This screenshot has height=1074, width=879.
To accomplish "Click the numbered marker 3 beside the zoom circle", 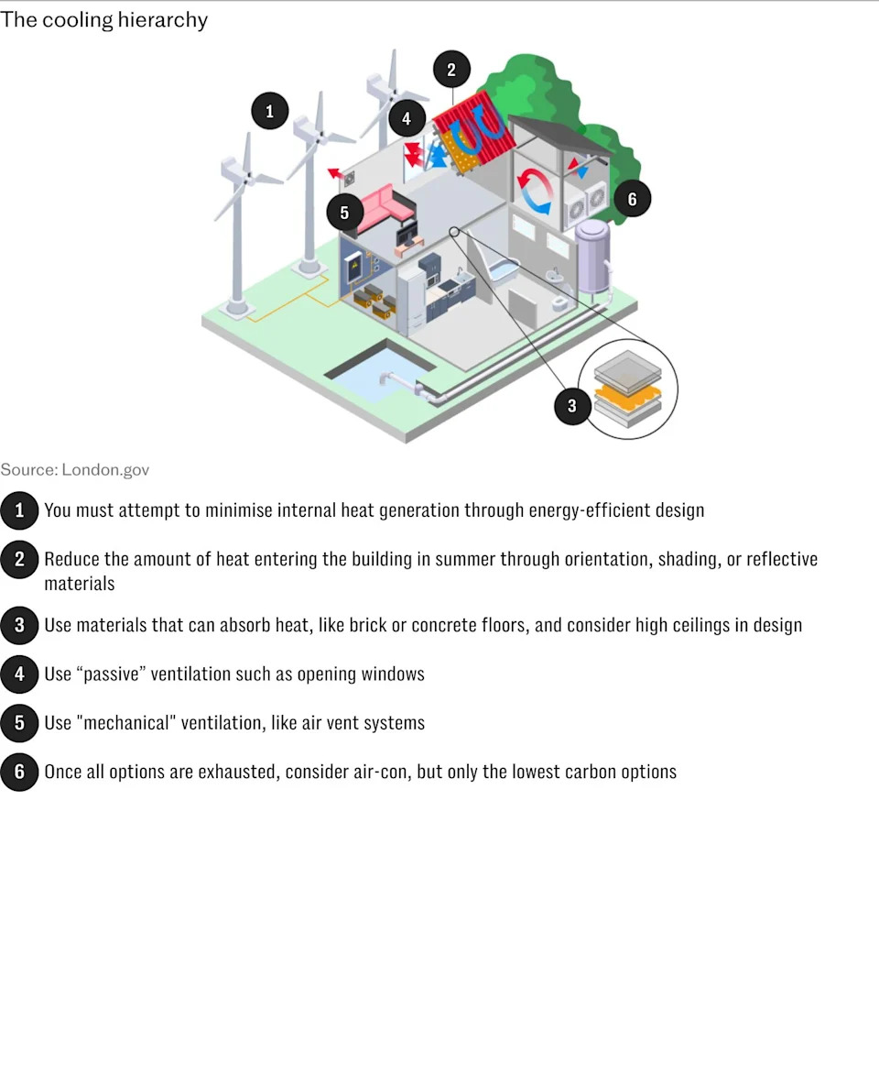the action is tap(571, 406).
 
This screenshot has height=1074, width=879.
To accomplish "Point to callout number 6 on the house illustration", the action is tap(632, 200).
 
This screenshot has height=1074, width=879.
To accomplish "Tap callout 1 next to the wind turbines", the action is tap(270, 111).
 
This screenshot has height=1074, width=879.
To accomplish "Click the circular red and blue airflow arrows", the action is tap(535, 192).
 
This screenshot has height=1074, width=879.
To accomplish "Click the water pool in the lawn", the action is tap(380, 373).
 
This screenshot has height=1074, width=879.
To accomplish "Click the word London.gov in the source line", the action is tap(105, 470).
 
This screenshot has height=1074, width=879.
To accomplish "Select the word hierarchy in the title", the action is tap(163, 20).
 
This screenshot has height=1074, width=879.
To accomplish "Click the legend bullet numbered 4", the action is tap(19, 674).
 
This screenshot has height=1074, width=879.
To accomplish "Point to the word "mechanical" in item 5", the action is tap(126, 723).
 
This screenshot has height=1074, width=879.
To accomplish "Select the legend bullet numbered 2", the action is tap(19, 560).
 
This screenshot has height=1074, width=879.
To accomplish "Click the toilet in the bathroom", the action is tap(560, 302).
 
